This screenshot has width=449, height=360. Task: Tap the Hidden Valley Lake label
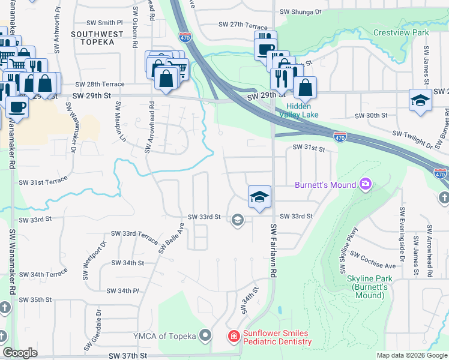(298, 110)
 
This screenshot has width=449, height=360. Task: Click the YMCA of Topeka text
(165, 335)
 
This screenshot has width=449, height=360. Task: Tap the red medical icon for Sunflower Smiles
(233, 337)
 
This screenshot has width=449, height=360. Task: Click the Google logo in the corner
(20, 353)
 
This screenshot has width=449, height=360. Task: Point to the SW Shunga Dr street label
(300, 11)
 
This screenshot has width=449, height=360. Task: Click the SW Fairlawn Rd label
(273, 250)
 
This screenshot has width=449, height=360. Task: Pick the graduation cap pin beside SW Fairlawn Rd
(259, 197)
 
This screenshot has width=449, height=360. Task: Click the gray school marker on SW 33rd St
(238, 220)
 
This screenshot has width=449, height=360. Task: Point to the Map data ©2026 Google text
(411, 355)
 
